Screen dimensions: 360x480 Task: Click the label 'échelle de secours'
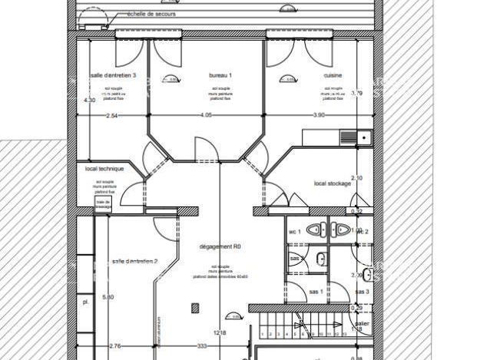[x=152, y=15]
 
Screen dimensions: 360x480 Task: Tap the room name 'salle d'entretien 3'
[x=113, y=75]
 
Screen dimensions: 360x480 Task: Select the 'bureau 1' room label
[x=220, y=75]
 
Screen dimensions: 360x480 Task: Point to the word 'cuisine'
[x=333, y=75]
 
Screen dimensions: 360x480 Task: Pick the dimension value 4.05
[x=205, y=115]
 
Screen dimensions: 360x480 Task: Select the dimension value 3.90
[x=319, y=115]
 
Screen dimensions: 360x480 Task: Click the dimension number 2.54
[x=111, y=115]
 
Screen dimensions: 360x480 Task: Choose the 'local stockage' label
[x=332, y=183]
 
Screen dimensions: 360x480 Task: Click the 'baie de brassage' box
[x=103, y=204]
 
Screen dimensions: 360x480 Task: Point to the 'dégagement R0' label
[x=220, y=247]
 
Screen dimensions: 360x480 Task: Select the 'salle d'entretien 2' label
[x=134, y=262]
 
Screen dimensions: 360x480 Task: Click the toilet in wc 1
[x=316, y=230]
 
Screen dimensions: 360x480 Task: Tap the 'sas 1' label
[x=316, y=292]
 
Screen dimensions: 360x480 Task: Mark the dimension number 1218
[x=219, y=334]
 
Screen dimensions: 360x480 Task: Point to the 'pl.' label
[x=85, y=302]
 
